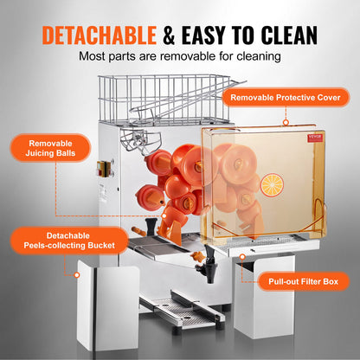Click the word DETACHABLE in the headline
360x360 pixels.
(x=98, y=34)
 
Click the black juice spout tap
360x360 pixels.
(x=208, y=254)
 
